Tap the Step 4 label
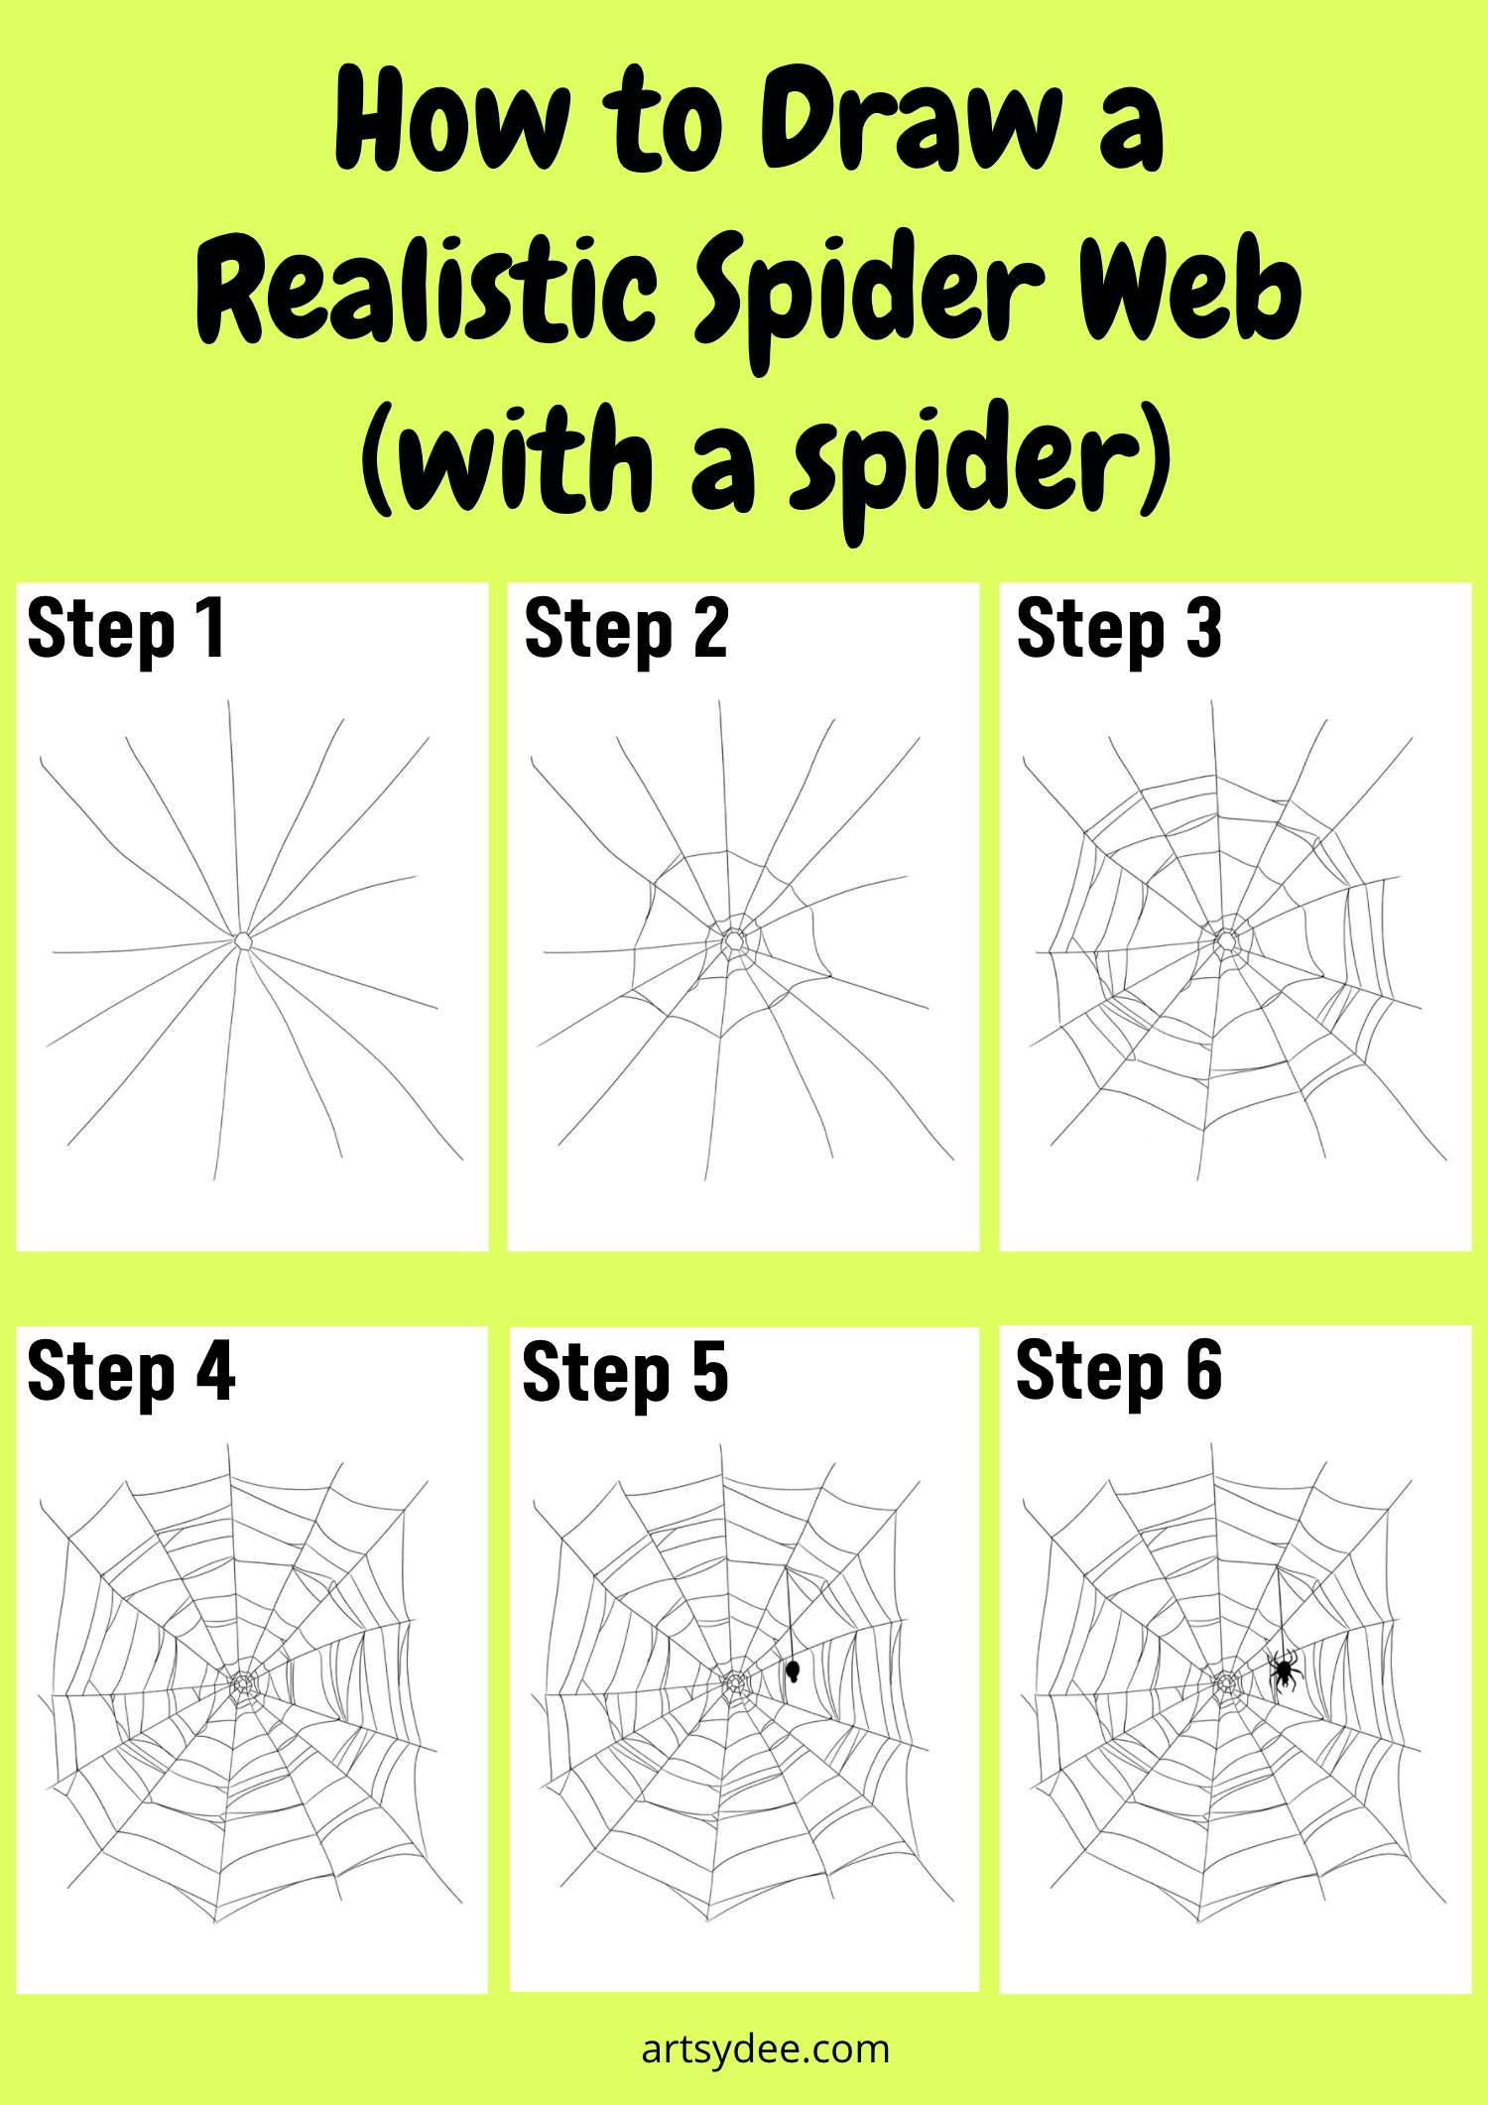pyautogui.click(x=131, y=1372)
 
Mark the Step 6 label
pyautogui.click(x=1118, y=1372)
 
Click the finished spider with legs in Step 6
pyautogui.click(x=1284, y=1671)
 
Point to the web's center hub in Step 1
pyautogui.click(x=243, y=939)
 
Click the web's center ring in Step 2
pyautogui.click(x=733, y=939)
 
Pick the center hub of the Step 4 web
pyautogui.click(x=242, y=1683)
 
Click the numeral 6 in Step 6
pyautogui.click(x=1203, y=1372)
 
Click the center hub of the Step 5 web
pyautogui.click(x=733, y=1682)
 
